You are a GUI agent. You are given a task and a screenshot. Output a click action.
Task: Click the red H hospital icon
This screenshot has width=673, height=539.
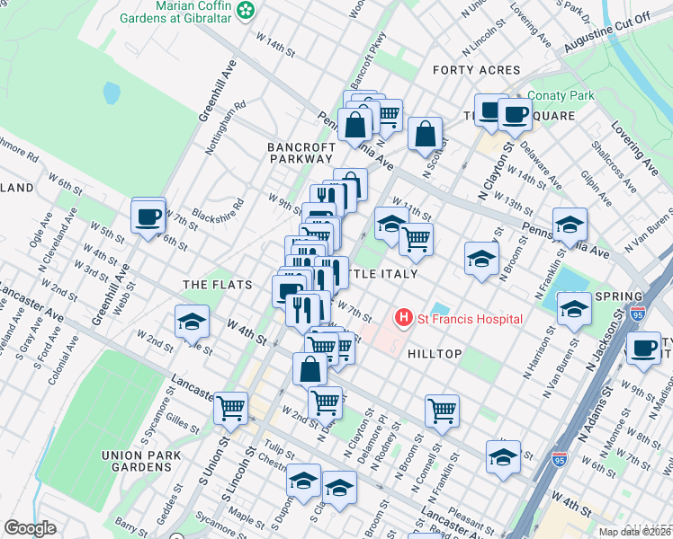404,318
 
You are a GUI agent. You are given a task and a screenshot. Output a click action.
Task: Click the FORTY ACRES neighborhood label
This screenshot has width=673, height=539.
476,70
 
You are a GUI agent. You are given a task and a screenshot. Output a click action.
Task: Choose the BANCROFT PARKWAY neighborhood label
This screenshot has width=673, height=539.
300,152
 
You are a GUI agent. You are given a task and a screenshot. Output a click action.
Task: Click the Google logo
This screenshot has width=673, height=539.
31,528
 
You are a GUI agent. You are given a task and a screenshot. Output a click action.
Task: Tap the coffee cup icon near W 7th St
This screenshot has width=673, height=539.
148,216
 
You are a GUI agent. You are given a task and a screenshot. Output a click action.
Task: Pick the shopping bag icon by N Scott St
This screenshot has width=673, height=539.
425,134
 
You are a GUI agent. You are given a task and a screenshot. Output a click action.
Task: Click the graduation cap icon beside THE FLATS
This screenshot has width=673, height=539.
192,321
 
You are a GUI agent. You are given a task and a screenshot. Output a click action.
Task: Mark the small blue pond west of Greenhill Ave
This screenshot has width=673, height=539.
112,93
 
